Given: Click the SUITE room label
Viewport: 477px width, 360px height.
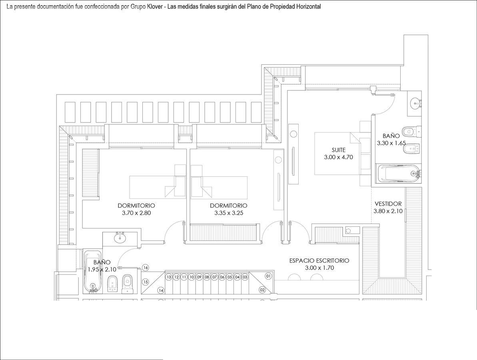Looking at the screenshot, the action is tap(338, 150).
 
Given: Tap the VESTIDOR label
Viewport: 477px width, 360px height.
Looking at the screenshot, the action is tap(388, 204).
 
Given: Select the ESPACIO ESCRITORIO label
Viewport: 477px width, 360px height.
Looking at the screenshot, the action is tap(319, 261).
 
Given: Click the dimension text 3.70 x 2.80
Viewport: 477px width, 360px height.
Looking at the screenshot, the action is tap(136, 213).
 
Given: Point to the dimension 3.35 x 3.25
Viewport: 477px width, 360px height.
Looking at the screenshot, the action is tap(228, 213).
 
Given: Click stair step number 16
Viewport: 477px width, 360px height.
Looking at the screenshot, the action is tap(146, 268).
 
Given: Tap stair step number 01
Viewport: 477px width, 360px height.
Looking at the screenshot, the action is tap(268, 276).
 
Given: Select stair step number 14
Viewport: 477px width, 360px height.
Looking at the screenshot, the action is tap(161, 291).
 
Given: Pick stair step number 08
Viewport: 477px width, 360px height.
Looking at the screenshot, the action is tap(207, 277).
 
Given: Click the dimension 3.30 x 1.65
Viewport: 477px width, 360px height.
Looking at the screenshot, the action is tap(391, 143).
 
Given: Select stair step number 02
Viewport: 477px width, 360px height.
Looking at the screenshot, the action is tap(262, 290).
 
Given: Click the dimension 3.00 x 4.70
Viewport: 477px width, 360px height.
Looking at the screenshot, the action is tap(338, 157).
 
